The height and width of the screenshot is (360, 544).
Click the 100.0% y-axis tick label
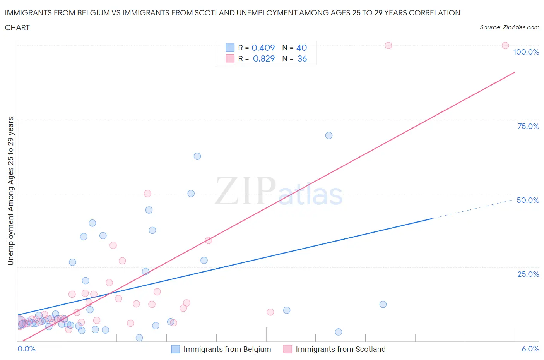526,52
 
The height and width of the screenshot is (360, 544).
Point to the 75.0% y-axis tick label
528,126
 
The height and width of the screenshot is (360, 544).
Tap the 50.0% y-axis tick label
528,200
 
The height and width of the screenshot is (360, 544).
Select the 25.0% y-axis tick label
528,274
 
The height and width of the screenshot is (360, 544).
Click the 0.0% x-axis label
26,349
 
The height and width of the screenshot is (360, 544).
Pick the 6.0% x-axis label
530,349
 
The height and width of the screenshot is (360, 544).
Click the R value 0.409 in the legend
263,48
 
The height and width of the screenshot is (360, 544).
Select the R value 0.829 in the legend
263,58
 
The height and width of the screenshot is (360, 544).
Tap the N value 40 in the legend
301,48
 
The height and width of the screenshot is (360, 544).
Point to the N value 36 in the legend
302,58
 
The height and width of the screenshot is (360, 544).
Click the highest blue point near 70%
329,135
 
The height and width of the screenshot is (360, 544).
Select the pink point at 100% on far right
505,45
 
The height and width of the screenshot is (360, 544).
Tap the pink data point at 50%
147,194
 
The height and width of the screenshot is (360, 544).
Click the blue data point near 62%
197,156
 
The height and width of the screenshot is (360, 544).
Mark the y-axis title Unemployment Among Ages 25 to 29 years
10,191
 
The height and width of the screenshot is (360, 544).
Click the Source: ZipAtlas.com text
509,27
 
